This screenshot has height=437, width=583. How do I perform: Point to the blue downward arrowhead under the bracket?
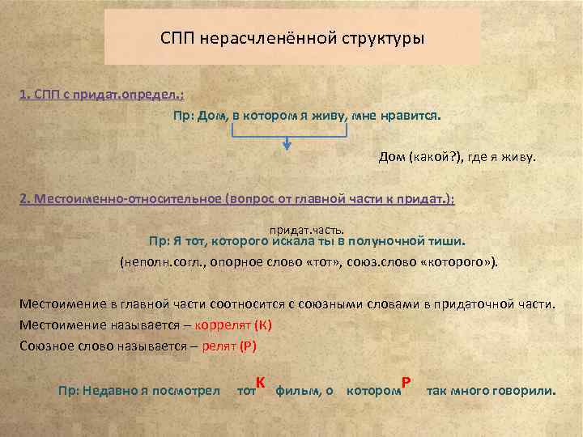pos(287,146)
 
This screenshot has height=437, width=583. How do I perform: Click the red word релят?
pos(220,346)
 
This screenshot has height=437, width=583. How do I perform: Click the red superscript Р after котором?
pos(406,382)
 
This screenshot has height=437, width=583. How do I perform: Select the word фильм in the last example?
pos(296,391)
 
